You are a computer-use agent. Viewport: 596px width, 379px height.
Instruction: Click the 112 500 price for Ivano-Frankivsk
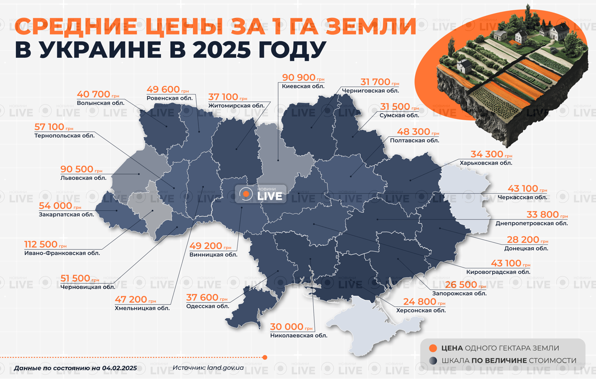point(41,245)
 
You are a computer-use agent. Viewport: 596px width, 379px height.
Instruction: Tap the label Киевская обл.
point(303,86)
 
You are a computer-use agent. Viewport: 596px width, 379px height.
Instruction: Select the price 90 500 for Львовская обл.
point(77,169)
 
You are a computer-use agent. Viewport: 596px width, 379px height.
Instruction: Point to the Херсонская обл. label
point(421,311)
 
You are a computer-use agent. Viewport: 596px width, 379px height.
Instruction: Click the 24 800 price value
point(419,302)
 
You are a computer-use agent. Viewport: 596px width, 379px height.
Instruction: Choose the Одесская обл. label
point(208,306)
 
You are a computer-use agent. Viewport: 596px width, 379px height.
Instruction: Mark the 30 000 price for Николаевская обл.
point(287,327)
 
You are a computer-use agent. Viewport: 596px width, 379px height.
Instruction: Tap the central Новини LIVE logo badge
point(261,194)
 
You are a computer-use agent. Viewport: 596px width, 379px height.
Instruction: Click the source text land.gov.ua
point(225,368)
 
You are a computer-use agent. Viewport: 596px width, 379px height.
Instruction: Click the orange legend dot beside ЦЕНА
point(433,348)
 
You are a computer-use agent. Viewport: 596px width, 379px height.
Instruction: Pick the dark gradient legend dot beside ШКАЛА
point(433,361)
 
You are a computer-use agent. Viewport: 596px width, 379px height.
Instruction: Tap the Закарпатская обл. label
point(66,215)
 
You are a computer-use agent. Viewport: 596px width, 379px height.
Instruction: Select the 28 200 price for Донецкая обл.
point(523,240)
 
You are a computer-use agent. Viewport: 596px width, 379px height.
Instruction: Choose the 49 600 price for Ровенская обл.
point(163,89)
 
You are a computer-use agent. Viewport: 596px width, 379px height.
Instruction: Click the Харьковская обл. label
point(486,163)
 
